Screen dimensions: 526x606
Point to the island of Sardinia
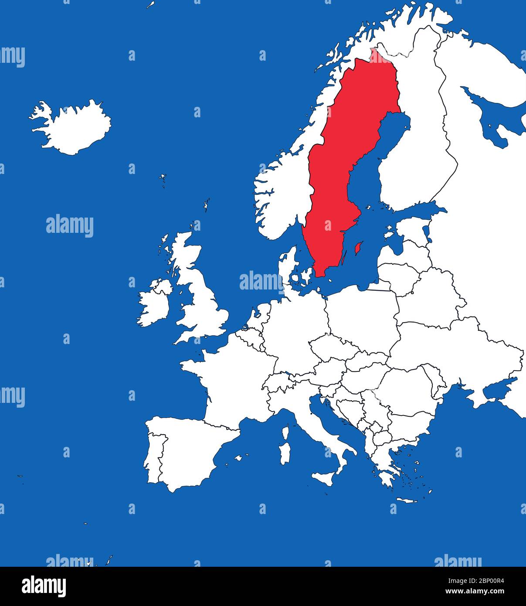point(285,453)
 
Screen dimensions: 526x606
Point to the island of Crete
point(406,500)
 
